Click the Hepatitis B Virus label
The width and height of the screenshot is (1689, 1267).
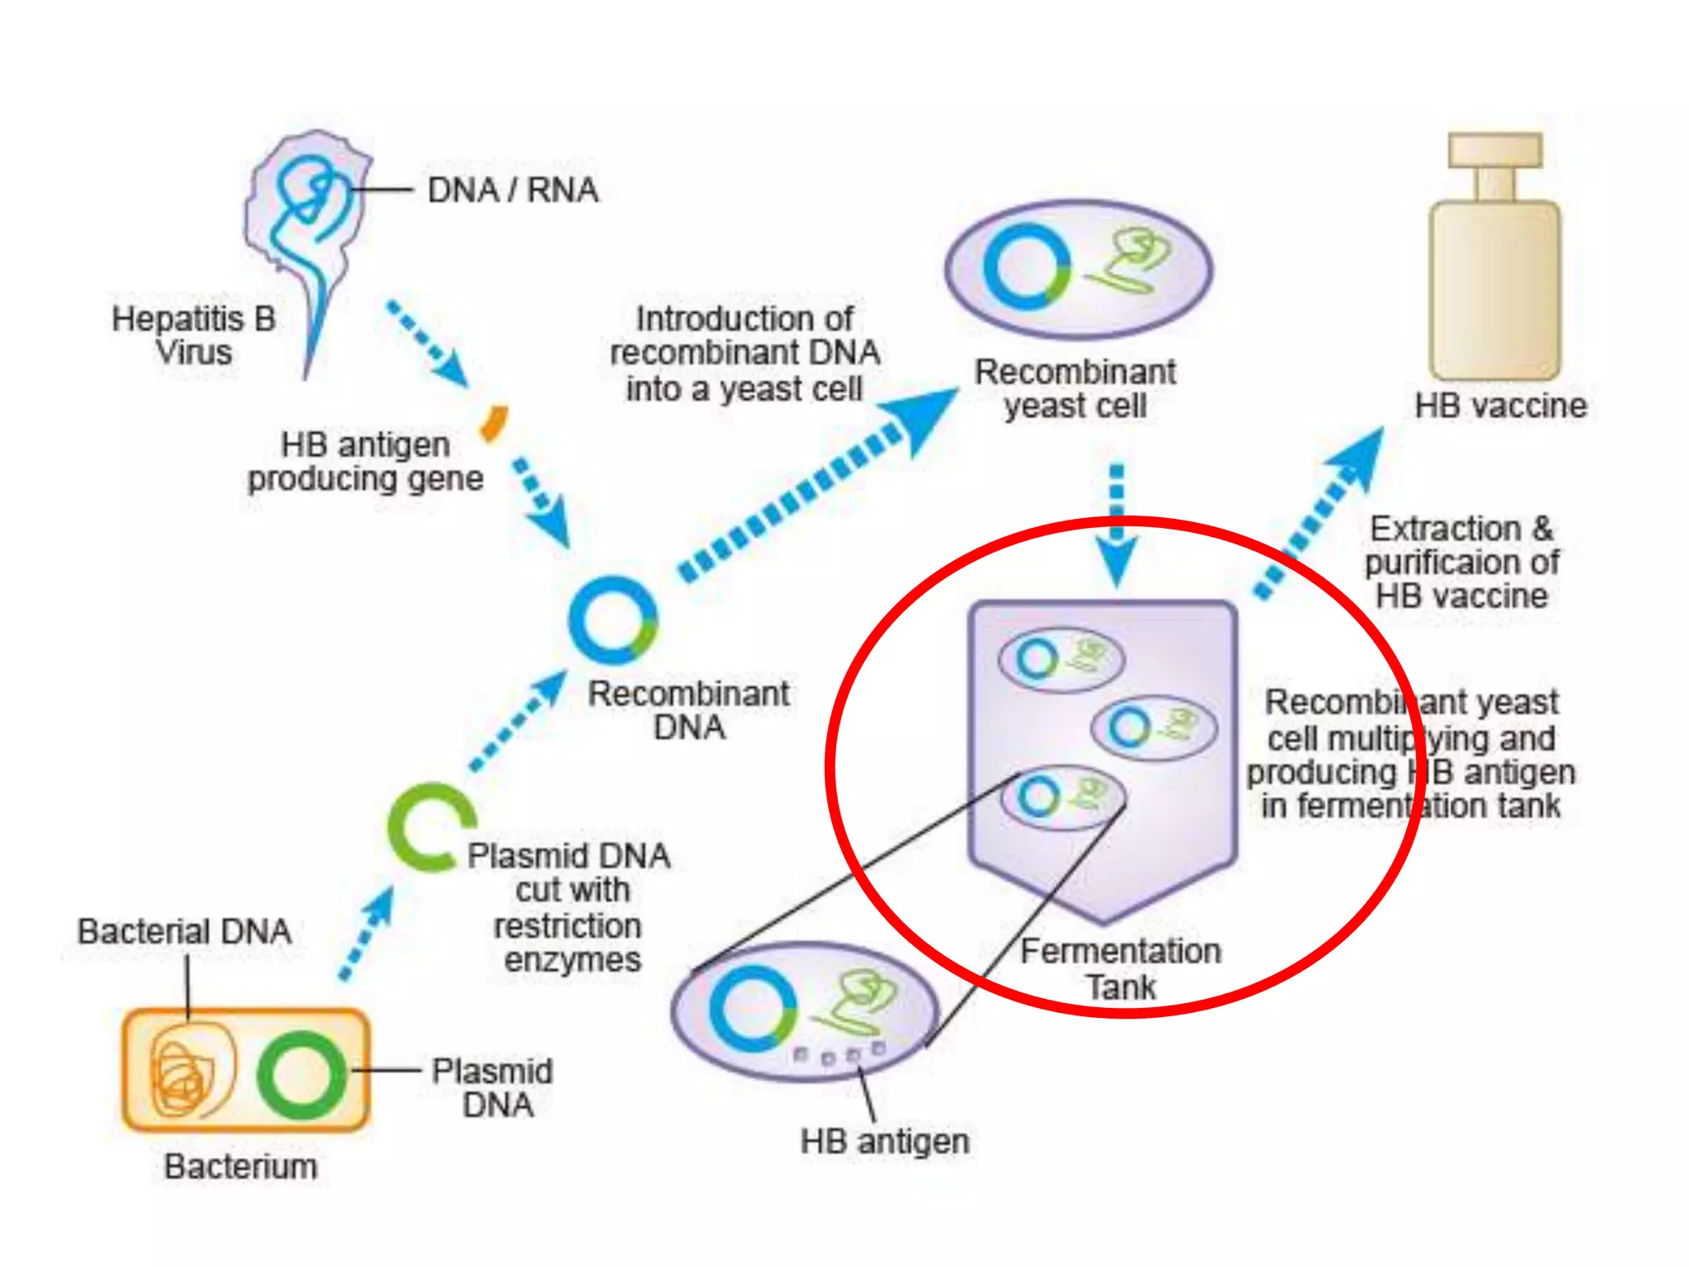[194, 335]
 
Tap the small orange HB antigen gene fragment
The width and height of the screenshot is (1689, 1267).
[495, 423]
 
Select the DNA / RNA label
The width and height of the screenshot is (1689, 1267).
[512, 191]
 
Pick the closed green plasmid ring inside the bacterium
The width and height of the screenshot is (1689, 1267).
[301, 1075]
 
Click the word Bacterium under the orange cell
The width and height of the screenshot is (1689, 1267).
[240, 1166]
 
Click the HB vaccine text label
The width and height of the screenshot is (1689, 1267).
[1501, 406]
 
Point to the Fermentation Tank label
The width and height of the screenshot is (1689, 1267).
[1121, 969]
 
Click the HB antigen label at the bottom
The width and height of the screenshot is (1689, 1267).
[885, 1142]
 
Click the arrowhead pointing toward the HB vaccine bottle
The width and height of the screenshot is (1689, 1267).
[1361, 456]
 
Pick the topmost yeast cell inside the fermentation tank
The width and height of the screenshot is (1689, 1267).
[1061, 660]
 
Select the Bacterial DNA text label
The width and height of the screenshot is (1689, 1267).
[185, 932]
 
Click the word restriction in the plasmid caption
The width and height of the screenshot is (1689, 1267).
[567, 926]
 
